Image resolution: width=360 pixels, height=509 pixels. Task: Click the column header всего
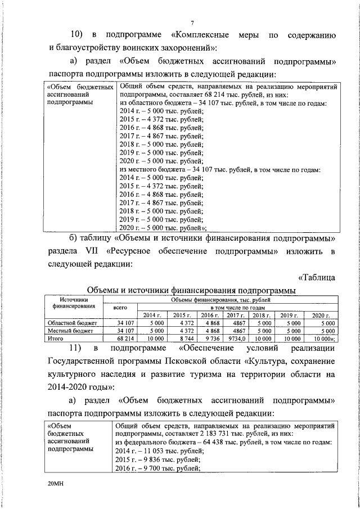[x=120, y=308]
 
